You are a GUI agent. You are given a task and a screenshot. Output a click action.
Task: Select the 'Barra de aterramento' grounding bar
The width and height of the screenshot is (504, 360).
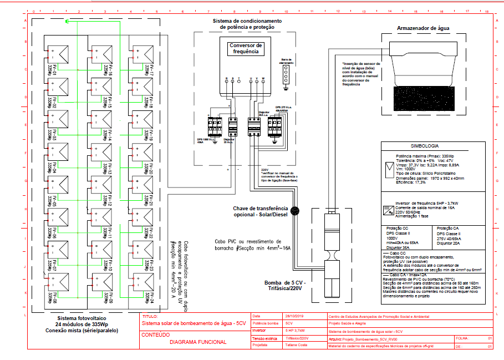[x=286, y=75]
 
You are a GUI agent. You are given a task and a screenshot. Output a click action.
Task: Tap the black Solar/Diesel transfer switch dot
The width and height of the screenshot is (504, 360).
[x=296, y=210]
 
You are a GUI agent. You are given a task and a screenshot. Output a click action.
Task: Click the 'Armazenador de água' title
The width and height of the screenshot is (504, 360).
[x=423, y=27]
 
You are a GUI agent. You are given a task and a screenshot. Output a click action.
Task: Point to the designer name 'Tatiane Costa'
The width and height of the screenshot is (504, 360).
[x=296, y=344]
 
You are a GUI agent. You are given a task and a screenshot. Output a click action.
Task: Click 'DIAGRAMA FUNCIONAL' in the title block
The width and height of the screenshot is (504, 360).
[x=198, y=342]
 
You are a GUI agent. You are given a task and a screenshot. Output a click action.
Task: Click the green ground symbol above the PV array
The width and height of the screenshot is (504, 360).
[x=67, y=22]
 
